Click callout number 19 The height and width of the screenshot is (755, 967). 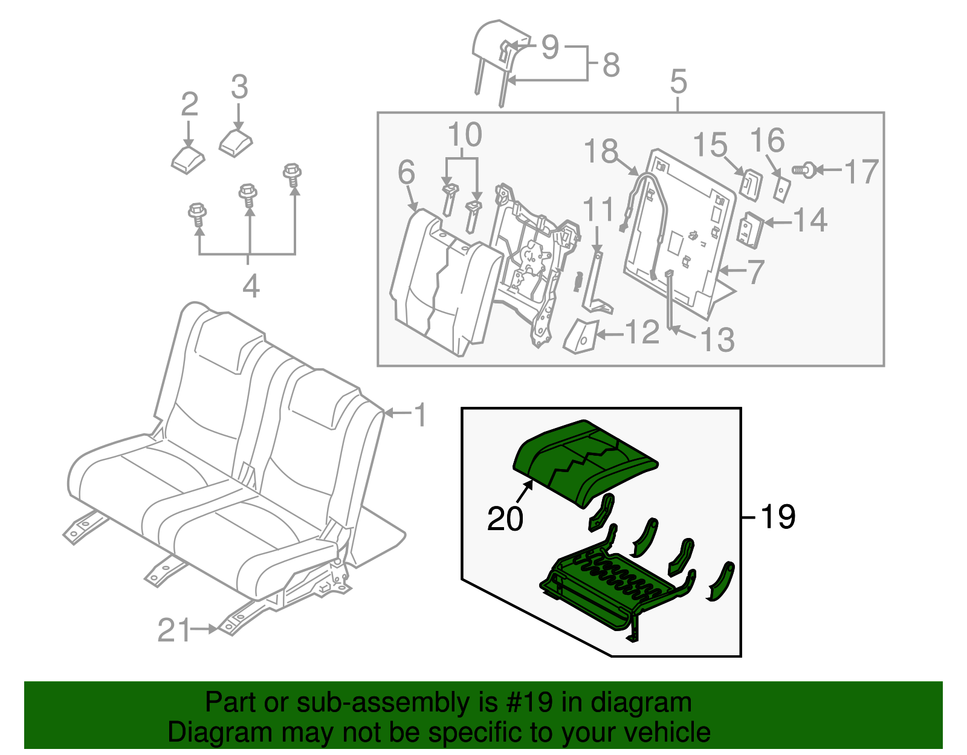coord(778,517)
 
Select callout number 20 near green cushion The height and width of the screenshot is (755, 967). coord(505,519)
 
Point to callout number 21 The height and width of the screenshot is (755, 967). coord(174,630)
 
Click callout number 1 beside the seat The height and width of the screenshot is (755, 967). coord(420,415)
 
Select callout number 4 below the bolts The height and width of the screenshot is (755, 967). coord(251,285)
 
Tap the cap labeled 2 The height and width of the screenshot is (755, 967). coord(188,158)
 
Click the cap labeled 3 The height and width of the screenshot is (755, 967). coord(234,143)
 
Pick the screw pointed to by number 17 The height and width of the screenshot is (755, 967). coord(804,170)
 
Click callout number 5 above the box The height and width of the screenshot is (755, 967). coord(679,81)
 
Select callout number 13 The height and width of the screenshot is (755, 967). coord(718,340)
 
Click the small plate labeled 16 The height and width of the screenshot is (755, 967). coord(782,189)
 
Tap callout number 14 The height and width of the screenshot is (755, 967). coord(810,220)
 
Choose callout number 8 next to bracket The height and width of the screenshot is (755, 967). coord(611,64)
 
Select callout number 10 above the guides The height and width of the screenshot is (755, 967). coord(465,135)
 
